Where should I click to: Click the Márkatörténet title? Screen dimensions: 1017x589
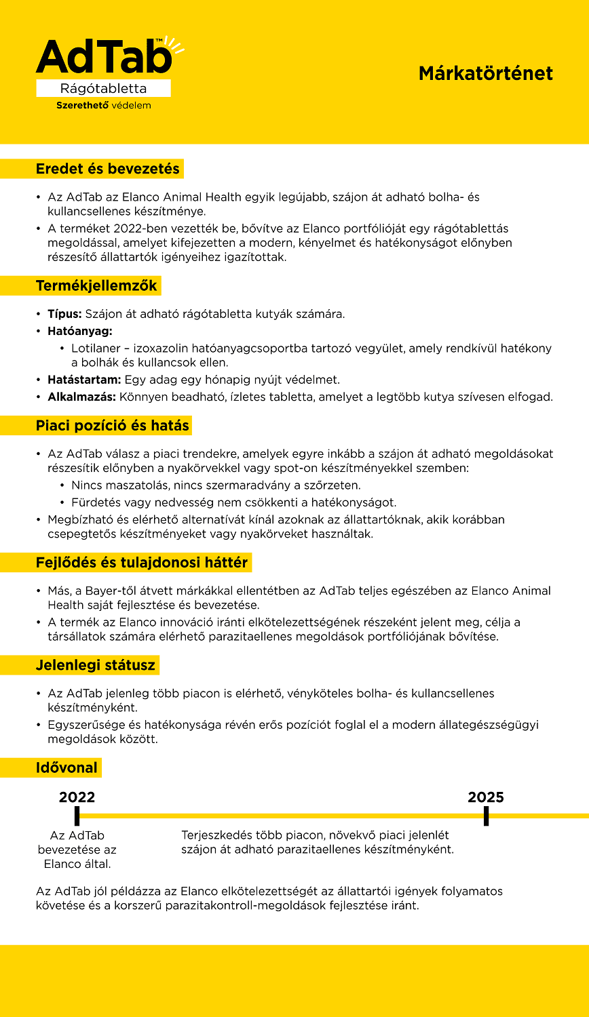click(x=485, y=73)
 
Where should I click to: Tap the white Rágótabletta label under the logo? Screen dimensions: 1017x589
click(x=103, y=89)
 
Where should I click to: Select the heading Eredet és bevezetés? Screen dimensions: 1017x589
click(x=107, y=169)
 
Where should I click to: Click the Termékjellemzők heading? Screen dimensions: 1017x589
click(x=96, y=285)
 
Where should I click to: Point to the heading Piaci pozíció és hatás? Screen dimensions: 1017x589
click(x=112, y=426)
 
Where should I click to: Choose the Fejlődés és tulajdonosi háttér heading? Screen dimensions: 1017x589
click(x=141, y=562)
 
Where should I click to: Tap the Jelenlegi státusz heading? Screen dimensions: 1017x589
click(x=96, y=665)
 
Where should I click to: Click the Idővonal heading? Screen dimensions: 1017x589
click(x=67, y=768)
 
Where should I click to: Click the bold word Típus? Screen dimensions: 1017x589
click(x=64, y=315)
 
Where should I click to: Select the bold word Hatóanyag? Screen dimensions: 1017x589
click(x=79, y=331)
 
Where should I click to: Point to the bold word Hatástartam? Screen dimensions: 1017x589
click(x=84, y=380)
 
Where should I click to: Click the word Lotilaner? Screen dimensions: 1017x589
click(x=98, y=348)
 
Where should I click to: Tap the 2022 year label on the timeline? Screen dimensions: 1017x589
click(x=77, y=797)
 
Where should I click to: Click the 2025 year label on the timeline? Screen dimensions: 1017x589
click(x=486, y=797)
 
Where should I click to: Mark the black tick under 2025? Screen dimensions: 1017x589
click(x=486, y=816)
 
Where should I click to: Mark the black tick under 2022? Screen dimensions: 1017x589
click(x=77, y=816)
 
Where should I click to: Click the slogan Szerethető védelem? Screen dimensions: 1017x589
click(x=103, y=106)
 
